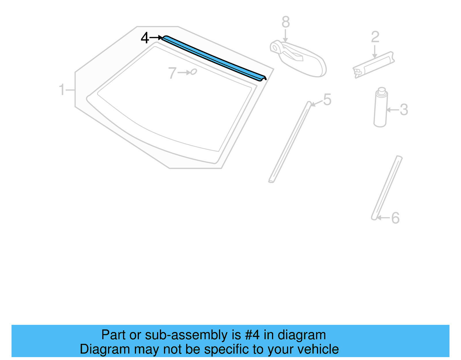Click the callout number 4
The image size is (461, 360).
145,38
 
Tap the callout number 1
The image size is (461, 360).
62,90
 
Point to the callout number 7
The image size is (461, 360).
172,73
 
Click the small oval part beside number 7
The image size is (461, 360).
194,71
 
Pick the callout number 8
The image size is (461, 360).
286,22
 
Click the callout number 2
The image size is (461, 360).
375,37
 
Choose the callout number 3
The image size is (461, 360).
404,110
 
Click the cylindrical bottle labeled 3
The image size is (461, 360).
380,111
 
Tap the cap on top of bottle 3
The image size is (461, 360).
382,91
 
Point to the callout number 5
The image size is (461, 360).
327,100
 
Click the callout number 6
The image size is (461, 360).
395,218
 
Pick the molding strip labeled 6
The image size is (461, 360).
387,187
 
